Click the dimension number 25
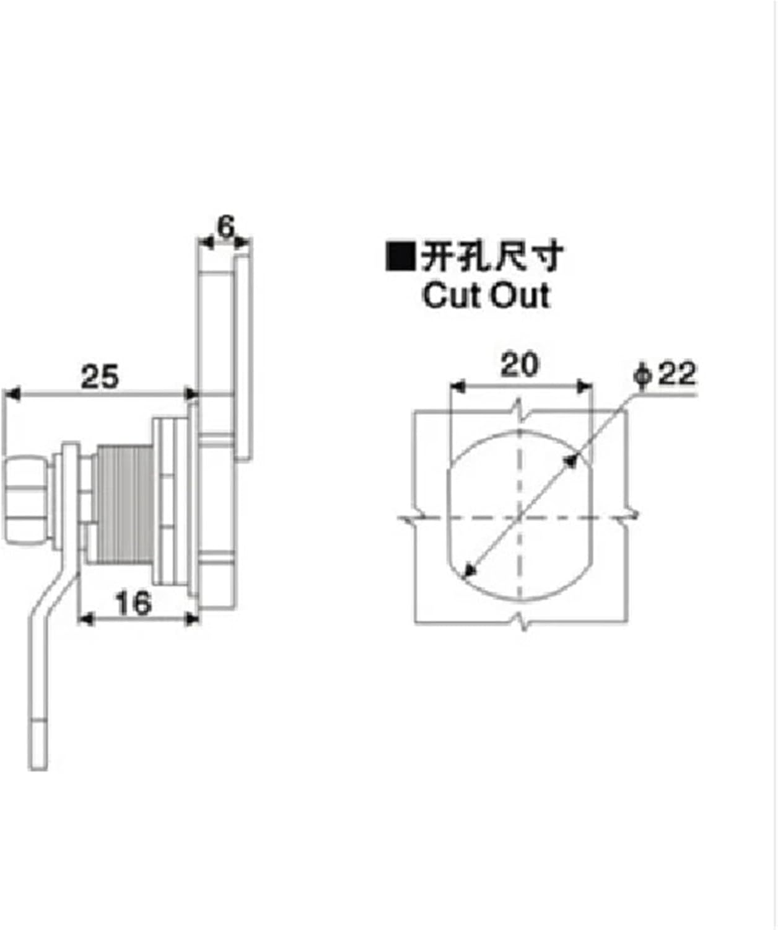[100, 376]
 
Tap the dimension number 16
[133, 603]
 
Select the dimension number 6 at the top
[225, 227]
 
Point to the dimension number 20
[520, 365]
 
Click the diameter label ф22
[665, 374]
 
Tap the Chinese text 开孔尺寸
[492, 256]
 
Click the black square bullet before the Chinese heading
[400, 256]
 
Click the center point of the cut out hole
[520, 516]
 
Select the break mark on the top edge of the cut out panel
[520, 410]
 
